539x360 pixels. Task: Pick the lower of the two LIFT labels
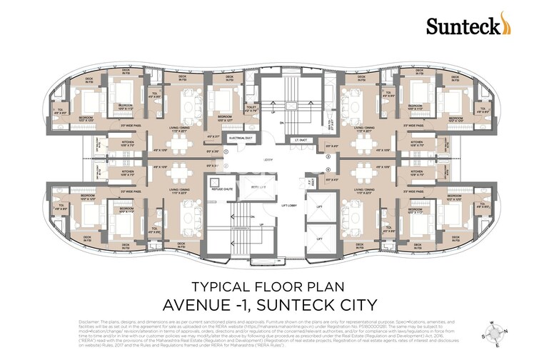[320, 239]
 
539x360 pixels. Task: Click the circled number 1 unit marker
[226, 151]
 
